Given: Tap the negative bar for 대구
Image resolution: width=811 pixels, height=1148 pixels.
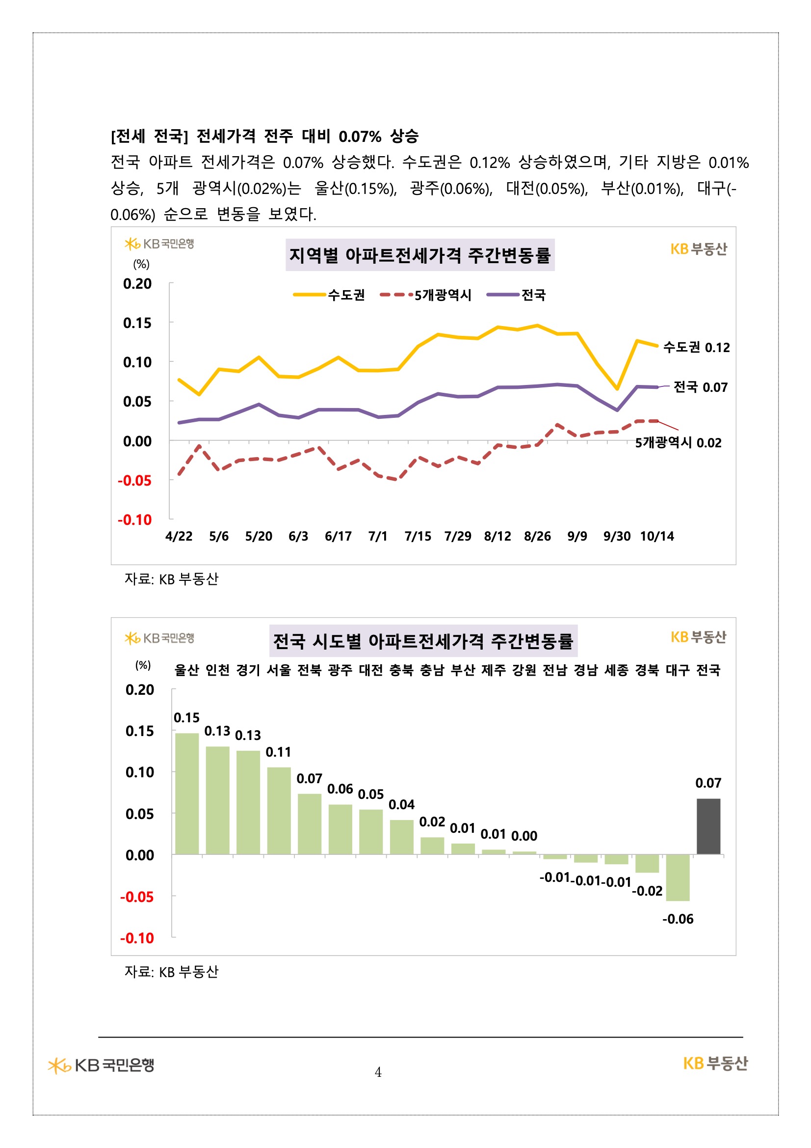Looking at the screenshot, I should click(x=678, y=877).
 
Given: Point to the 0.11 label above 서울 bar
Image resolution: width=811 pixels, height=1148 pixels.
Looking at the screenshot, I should click(x=278, y=752).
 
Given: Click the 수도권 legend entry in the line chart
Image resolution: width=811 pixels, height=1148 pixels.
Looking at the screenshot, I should click(x=330, y=295).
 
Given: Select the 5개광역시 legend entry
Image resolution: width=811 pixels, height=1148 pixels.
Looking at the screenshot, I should click(x=426, y=295).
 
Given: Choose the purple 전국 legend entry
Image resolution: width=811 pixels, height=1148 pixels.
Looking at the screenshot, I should click(x=517, y=295).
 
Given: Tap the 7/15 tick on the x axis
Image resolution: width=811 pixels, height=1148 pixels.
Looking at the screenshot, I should click(x=418, y=537).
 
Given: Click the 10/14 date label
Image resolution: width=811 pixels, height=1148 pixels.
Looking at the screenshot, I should click(x=656, y=537).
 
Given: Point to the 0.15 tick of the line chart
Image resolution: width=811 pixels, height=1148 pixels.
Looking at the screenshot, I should click(x=137, y=323).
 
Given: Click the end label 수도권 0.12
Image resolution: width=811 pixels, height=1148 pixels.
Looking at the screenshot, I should click(x=696, y=348).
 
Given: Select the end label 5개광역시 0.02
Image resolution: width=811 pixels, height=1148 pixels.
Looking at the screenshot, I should click(x=678, y=442).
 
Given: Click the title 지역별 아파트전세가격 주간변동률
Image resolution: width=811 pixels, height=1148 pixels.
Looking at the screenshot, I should click(x=420, y=255).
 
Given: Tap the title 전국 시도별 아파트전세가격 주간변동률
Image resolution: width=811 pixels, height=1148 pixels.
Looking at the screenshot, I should click(x=423, y=641).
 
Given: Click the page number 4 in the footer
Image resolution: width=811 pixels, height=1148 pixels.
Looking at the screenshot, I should click(x=378, y=1072).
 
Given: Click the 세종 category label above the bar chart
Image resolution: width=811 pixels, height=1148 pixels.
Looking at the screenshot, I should click(x=616, y=670).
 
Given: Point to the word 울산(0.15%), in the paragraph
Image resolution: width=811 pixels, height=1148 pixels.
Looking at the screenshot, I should click(x=355, y=189).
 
